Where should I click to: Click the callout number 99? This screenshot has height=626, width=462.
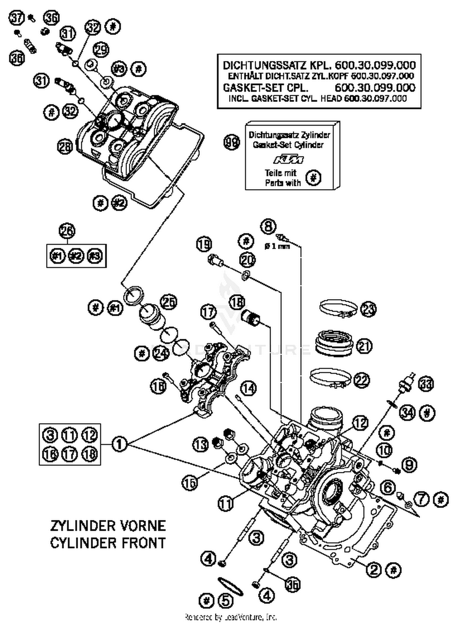tap(231, 143)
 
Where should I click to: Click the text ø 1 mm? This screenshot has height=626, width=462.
tap(277, 246)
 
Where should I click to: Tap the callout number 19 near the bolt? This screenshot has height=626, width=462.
tap(204, 245)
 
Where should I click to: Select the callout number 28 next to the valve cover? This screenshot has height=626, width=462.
tap(65, 147)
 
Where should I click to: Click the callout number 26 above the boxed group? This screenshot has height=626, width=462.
tap(67, 231)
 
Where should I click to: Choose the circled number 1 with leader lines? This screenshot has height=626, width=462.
tap(119, 444)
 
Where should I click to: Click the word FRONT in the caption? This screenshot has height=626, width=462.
tap(144, 543)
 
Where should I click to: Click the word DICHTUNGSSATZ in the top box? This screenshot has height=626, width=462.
tap(265, 65)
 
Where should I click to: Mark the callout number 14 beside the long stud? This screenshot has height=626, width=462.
tap(248, 388)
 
